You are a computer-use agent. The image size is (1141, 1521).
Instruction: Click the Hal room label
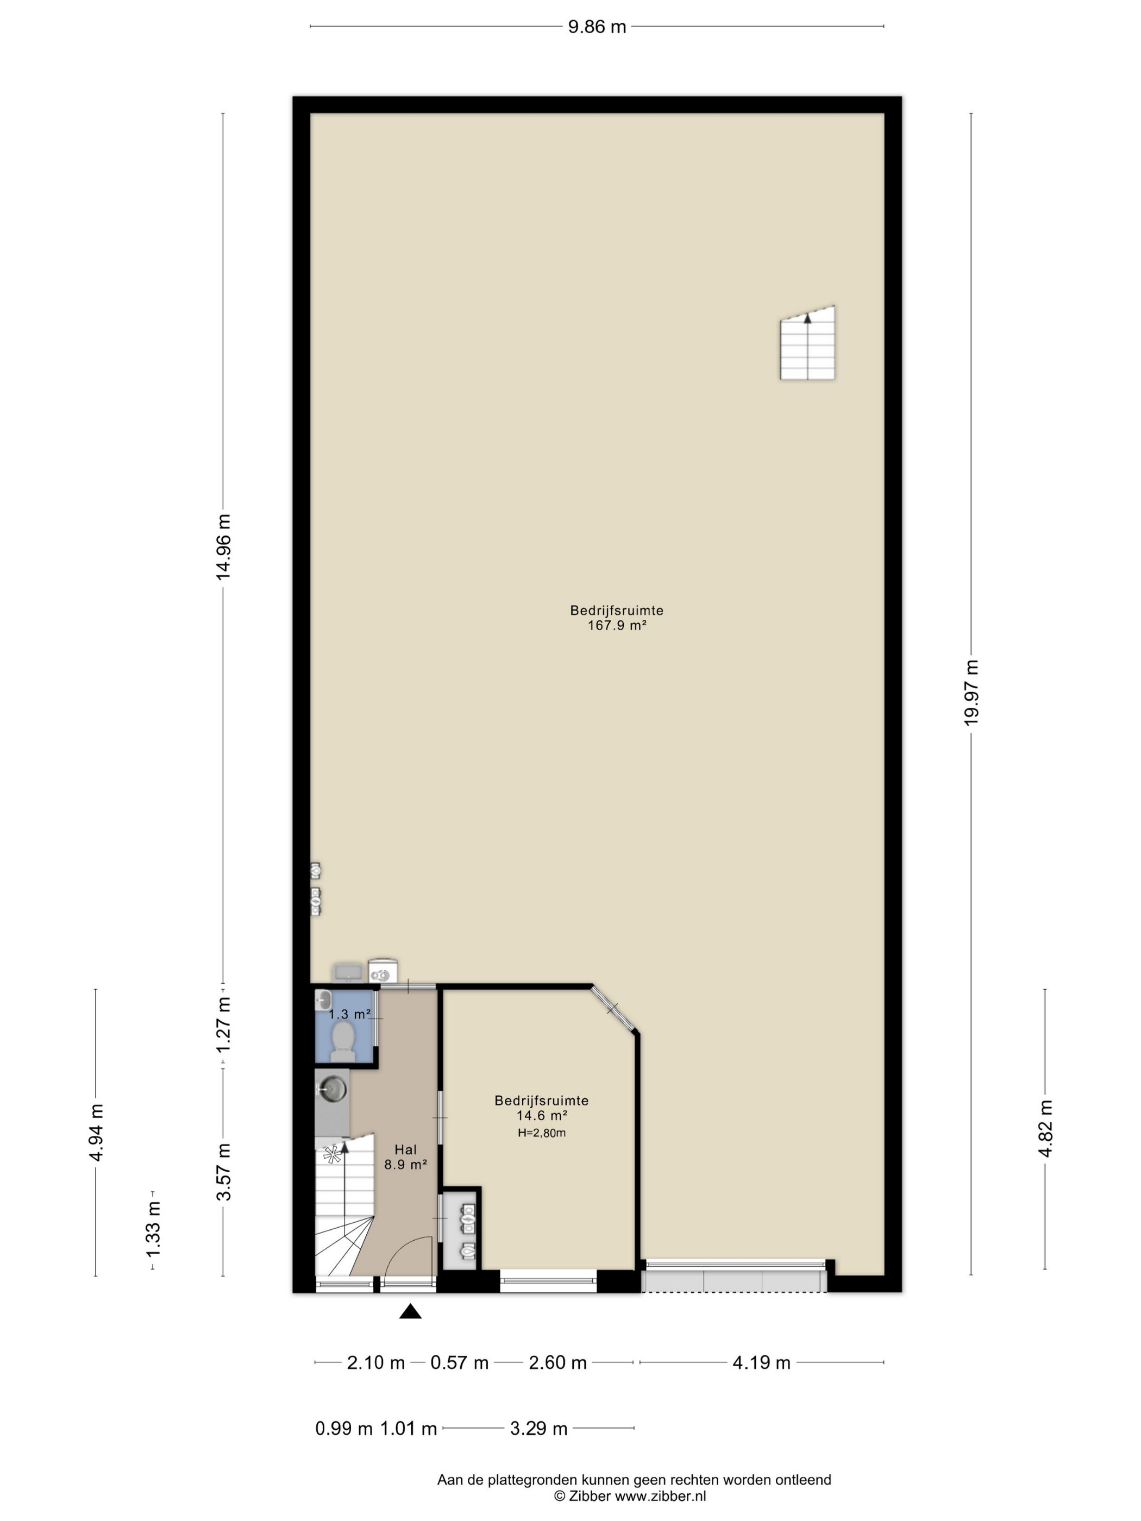point(405,1149)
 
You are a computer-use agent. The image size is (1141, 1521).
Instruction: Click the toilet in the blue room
point(342,1040)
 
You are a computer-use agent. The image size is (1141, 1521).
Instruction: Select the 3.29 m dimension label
point(538,1429)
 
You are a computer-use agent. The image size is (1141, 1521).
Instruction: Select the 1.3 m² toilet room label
point(349,1014)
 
